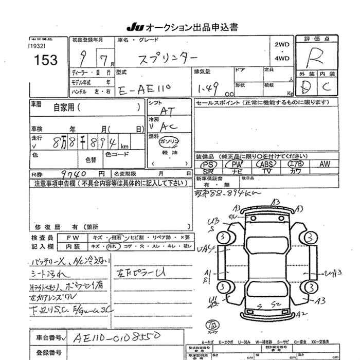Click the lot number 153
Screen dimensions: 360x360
click(46, 60)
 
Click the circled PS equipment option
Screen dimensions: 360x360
click(210, 164)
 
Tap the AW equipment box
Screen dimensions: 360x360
click(324, 164)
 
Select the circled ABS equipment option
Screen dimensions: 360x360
click(266, 164)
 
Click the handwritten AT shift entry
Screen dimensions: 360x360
click(167, 111)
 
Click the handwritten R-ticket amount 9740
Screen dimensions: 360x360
click(66, 174)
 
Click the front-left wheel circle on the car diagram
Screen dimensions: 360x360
click(223, 238)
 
